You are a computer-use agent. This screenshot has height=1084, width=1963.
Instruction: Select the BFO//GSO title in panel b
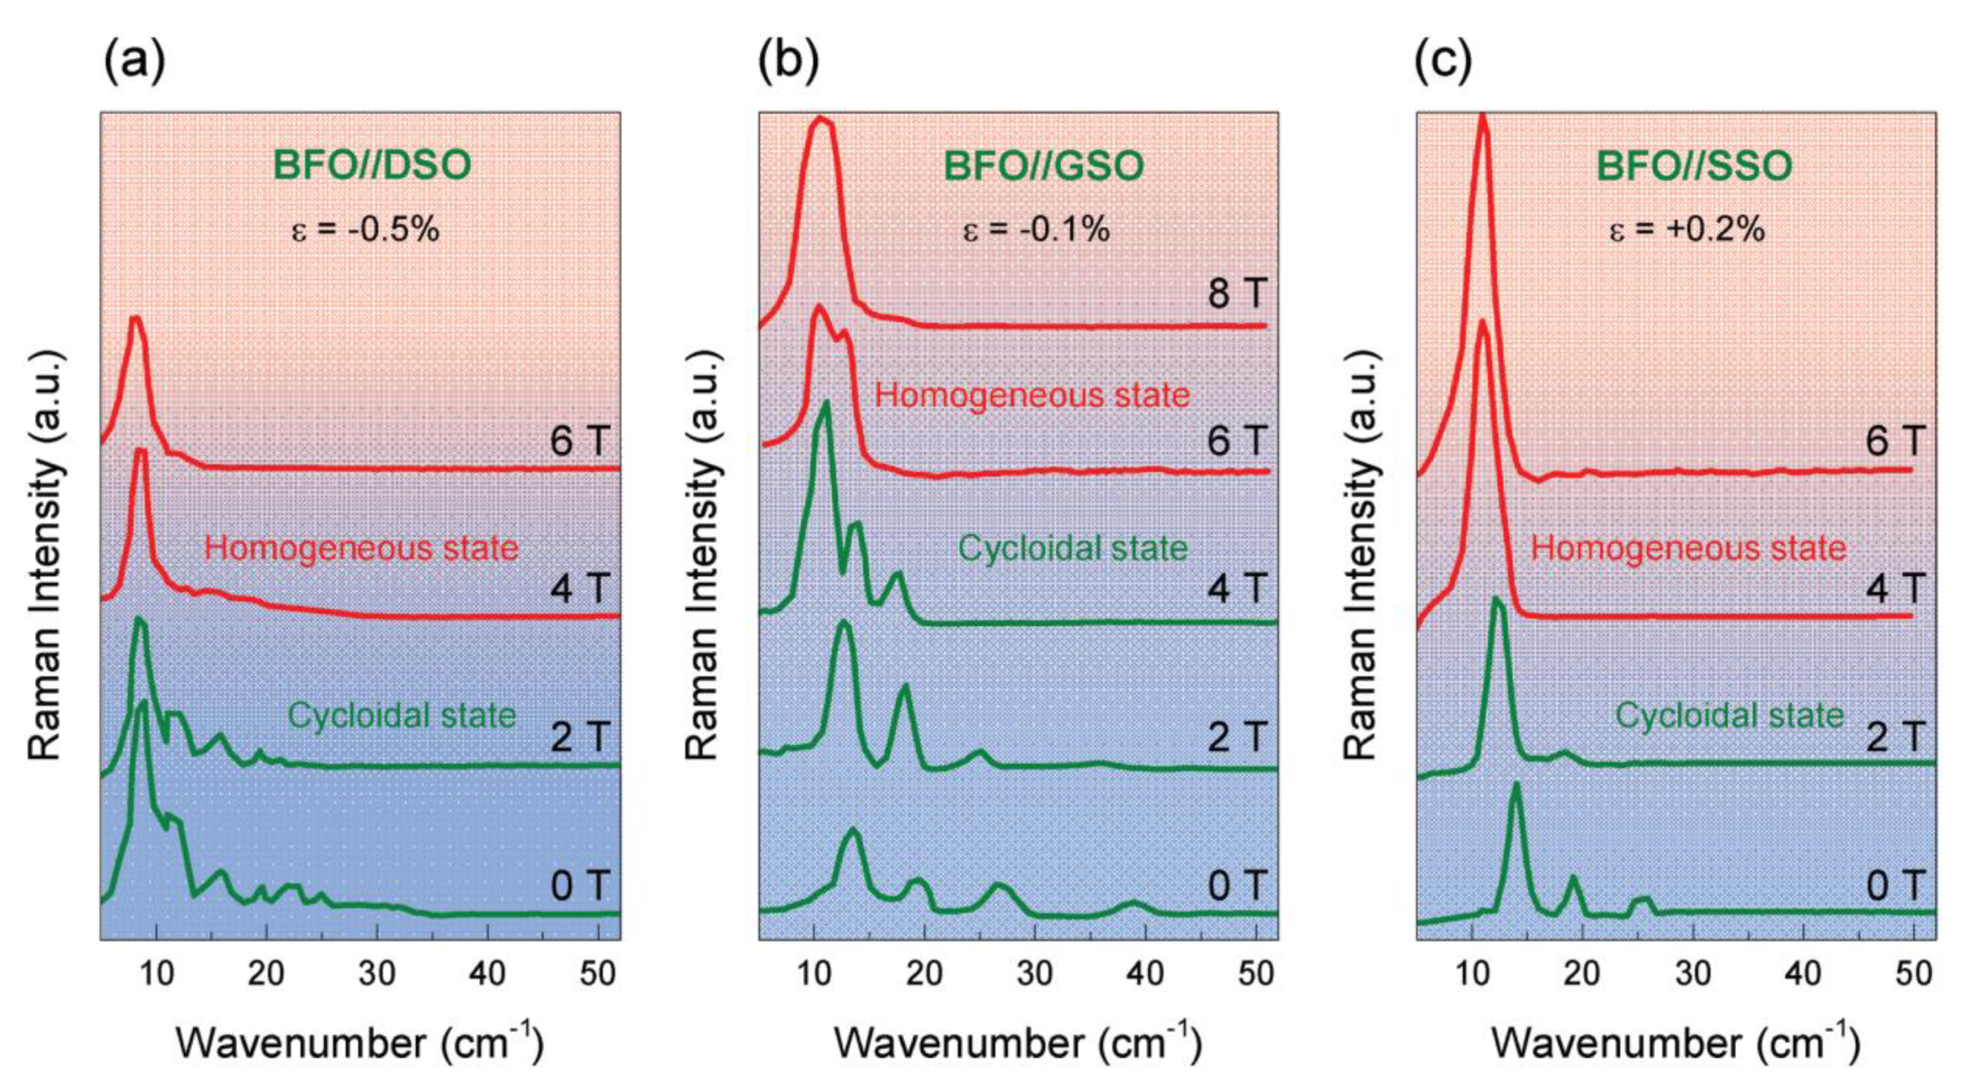1043,166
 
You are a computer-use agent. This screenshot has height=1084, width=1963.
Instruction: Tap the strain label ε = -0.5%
366,228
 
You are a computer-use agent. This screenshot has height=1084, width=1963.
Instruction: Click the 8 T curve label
1237,294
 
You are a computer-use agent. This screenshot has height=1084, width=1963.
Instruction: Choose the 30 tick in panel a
377,974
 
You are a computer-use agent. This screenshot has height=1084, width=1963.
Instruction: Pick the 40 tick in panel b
1145,974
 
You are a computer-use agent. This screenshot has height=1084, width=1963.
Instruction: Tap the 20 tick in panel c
1582,974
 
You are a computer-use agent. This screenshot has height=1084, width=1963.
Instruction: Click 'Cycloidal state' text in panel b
1072,549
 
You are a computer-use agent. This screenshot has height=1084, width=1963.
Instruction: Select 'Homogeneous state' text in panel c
1689,549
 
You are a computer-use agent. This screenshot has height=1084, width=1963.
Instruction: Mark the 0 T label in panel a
580,886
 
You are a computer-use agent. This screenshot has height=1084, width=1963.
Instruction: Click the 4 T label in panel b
1237,588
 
